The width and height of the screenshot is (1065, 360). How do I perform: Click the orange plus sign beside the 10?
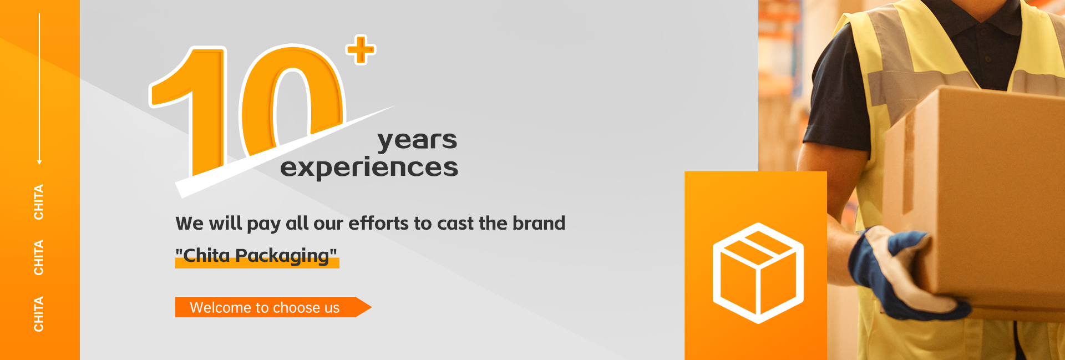click(x=361, y=50)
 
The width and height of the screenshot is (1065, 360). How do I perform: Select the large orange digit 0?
click(x=292, y=100)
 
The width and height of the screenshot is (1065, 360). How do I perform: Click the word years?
click(x=417, y=140)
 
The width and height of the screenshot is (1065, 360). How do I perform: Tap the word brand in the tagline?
click(x=539, y=223)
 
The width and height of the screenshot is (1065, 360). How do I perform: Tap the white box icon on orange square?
click(x=758, y=273)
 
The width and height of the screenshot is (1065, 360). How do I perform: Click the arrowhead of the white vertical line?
click(x=39, y=162)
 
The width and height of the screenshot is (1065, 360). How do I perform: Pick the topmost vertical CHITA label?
click(x=39, y=202)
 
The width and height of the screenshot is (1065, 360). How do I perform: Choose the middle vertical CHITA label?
click(x=39, y=257)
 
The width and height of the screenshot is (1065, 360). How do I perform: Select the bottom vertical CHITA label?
click(x=39, y=314)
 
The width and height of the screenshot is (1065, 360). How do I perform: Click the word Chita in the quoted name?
click(x=206, y=255)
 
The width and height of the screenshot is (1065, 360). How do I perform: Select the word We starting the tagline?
click(x=190, y=223)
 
